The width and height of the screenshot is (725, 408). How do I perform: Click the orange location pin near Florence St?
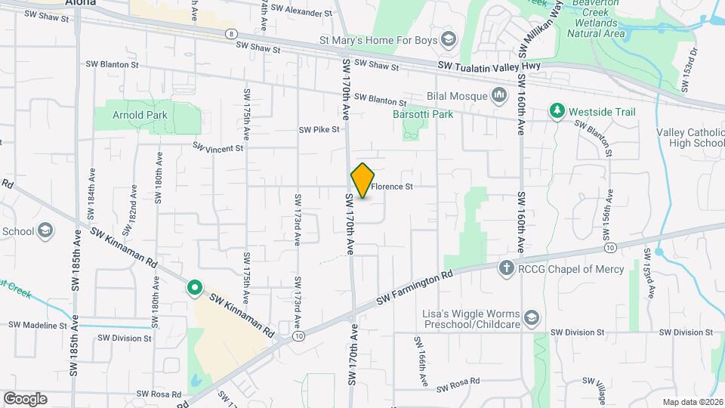(x=363, y=180)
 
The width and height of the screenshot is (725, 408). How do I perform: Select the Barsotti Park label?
(x=422, y=114)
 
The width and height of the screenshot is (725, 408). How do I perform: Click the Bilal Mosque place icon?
(x=498, y=95)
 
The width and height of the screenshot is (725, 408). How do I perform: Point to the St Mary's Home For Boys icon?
(x=448, y=39)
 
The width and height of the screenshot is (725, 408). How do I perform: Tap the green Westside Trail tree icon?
(x=557, y=112)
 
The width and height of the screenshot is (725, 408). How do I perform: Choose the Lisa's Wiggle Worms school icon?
(x=532, y=317)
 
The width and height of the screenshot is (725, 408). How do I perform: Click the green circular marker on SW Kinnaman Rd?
(x=194, y=287)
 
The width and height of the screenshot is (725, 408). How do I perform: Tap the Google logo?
(x=25, y=398)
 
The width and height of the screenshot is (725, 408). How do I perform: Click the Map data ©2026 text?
(x=693, y=402)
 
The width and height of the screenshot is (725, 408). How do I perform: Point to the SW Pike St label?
(x=319, y=130)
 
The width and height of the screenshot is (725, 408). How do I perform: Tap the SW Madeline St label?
(x=38, y=325)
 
